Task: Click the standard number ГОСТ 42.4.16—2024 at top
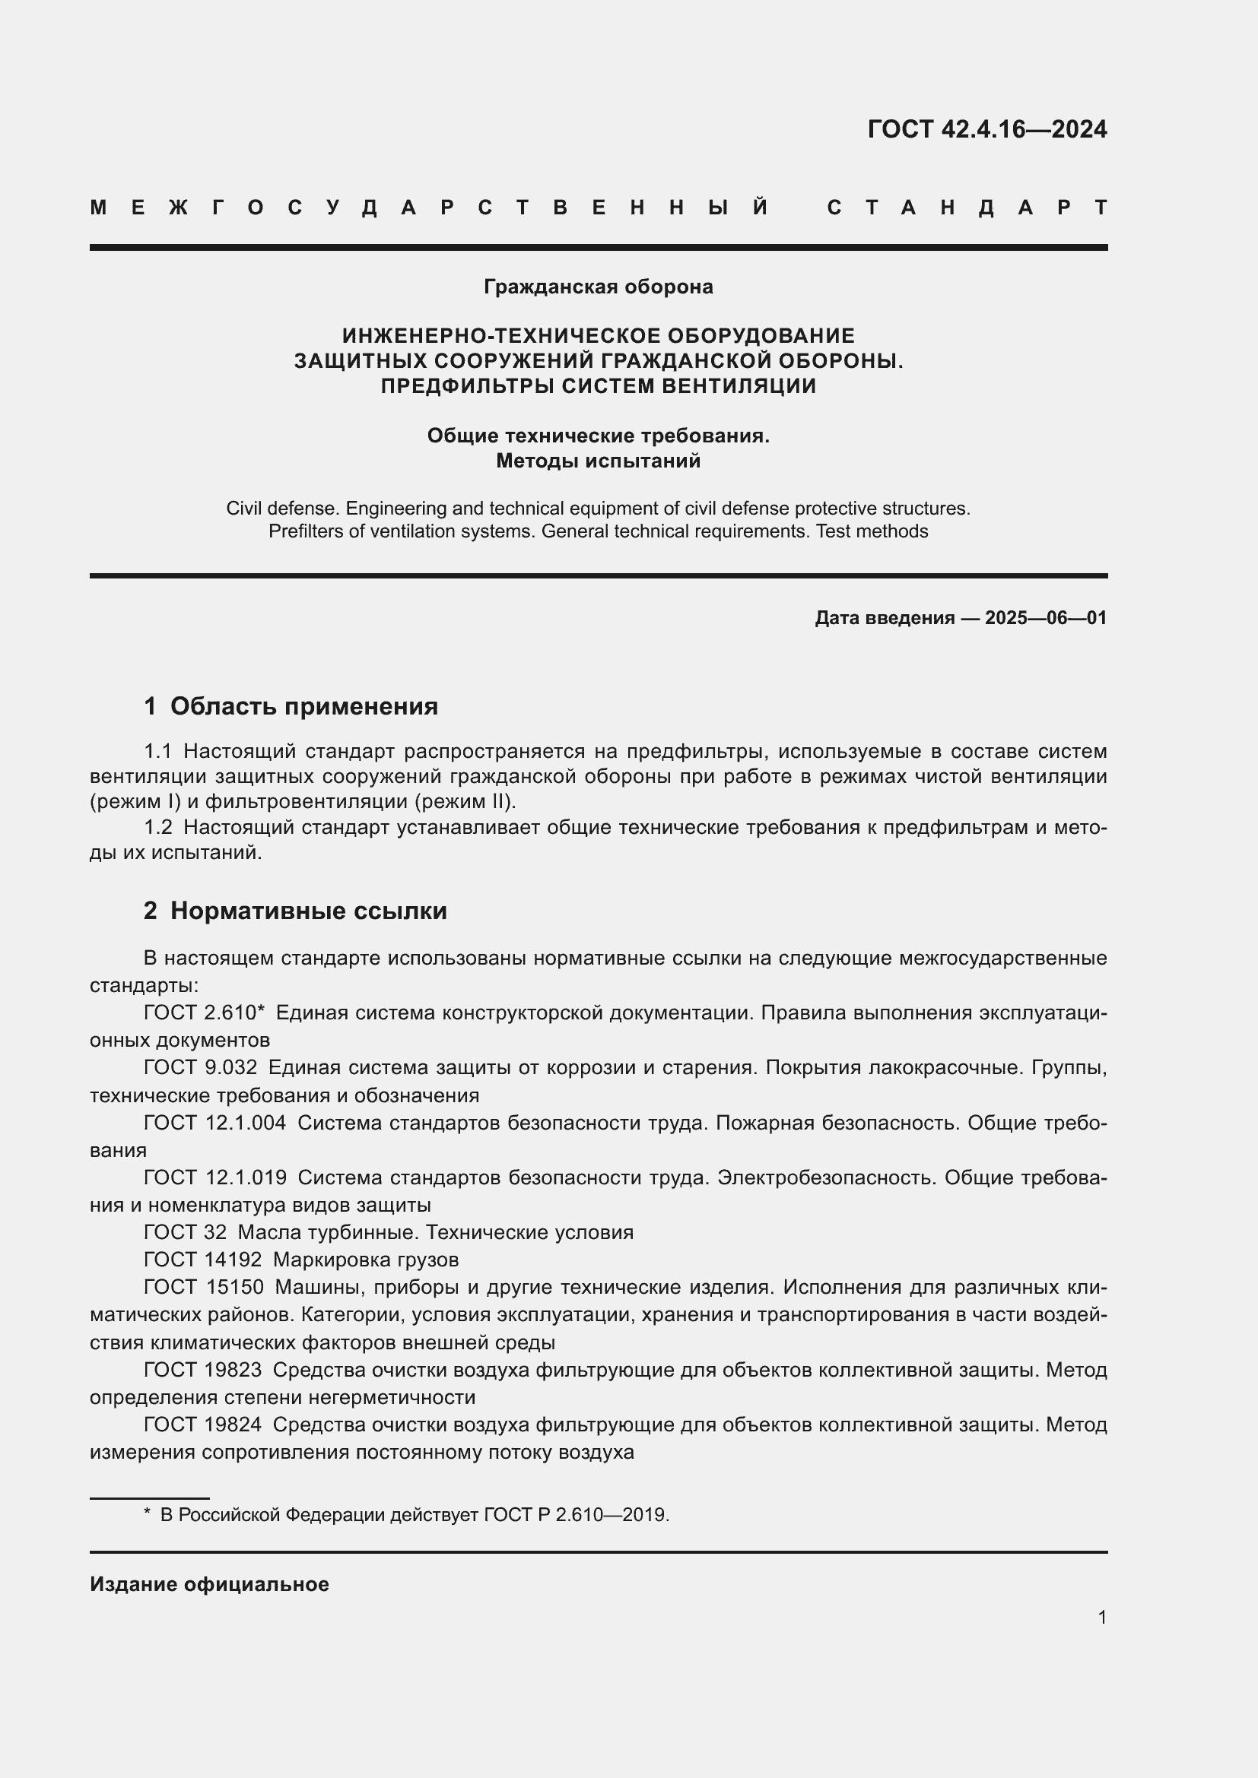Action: coord(986,128)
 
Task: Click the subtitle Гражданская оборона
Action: coord(598,287)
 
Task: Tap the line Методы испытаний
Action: coord(598,461)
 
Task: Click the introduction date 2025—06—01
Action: coord(1046,618)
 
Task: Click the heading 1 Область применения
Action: coord(291,706)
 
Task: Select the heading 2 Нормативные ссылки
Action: coord(295,911)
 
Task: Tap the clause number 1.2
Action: coord(158,828)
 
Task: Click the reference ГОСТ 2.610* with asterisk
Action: coord(205,1013)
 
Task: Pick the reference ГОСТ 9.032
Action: coord(200,1068)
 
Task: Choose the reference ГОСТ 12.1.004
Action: coord(214,1123)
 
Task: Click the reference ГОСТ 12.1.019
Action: coord(214,1177)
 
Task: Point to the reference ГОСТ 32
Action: coord(185,1233)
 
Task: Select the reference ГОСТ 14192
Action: coord(203,1260)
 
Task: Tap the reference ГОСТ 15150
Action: coord(204,1288)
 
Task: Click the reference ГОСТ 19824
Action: coord(203,1425)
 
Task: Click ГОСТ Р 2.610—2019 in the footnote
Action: coord(576,1515)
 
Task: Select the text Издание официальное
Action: coord(209,1584)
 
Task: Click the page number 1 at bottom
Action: coord(1101,1617)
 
